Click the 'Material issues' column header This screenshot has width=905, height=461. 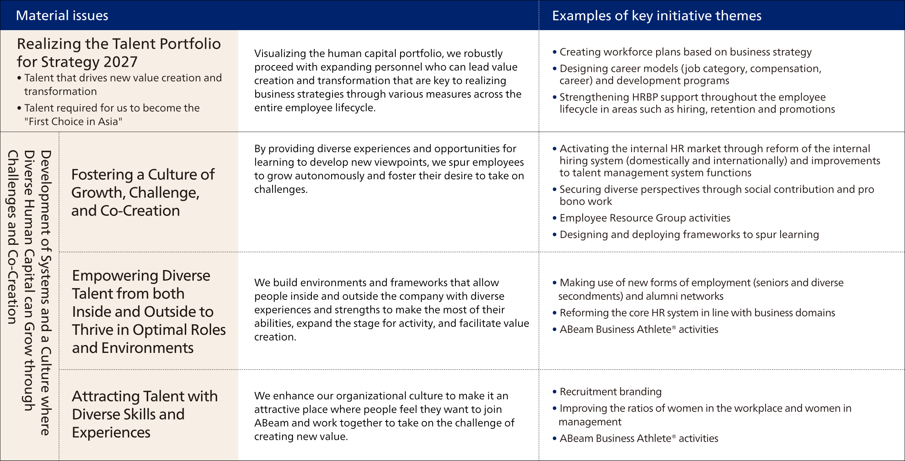[62, 15]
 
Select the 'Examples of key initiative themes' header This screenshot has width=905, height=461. [657, 16]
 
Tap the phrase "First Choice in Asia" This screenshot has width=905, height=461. [74, 121]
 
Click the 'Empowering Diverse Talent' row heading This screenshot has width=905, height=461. [149, 311]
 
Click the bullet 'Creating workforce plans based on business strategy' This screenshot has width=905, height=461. [685, 52]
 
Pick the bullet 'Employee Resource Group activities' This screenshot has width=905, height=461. [645, 218]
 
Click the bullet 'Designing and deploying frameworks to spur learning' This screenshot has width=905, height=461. [689, 235]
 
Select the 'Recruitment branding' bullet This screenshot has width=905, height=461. [610, 392]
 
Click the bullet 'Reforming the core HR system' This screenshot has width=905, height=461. [697, 313]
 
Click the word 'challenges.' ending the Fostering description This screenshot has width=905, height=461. [281, 189]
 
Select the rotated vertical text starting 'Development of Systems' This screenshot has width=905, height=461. [45, 293]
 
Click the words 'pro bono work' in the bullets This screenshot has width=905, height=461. [586, 201]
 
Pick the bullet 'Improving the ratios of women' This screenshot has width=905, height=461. [705, 409]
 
